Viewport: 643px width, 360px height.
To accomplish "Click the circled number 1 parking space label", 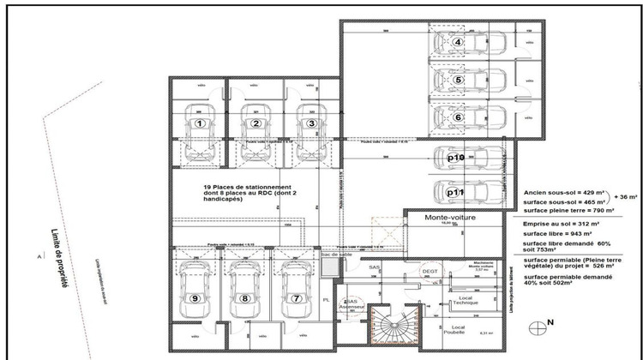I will pos(200,123).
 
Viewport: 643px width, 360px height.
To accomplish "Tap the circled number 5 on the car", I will pos(459,81).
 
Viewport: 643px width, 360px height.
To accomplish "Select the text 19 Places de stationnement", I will pos(248,187).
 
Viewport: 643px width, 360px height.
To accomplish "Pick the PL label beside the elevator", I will pos(326,301).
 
